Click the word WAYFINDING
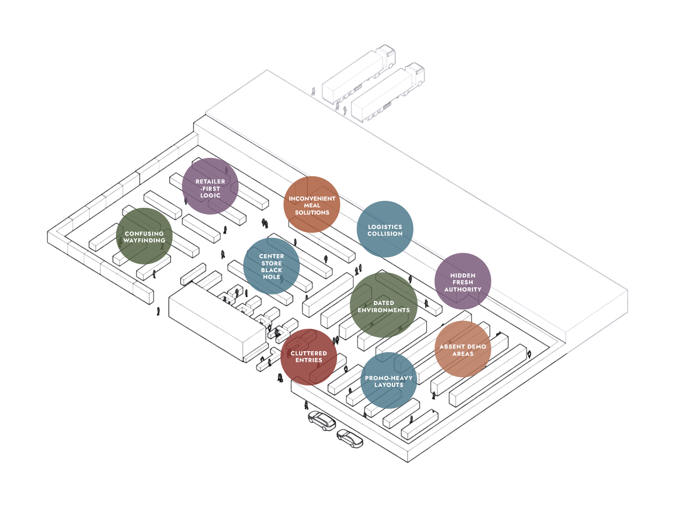point(144,241)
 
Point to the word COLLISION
point(385,234)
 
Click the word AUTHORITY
point(463,290)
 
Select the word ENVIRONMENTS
point(383,310)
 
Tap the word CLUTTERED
point(309,354)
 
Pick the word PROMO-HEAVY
point(388,378)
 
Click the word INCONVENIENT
point(312,199)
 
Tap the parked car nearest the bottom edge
point(350,438)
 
